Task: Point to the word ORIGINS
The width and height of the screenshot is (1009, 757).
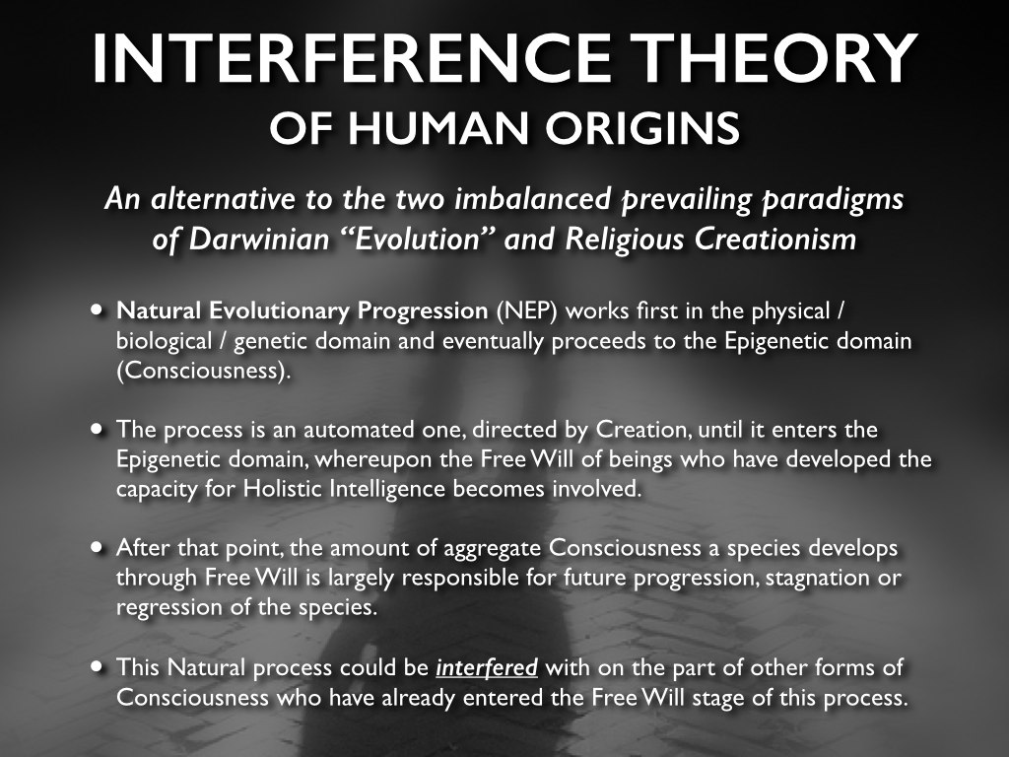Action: (642, 127)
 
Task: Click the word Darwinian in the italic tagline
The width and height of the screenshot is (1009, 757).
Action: (259, 239)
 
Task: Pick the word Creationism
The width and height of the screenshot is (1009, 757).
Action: (774, 239)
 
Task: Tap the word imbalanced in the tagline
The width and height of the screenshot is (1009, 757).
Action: (533, 198)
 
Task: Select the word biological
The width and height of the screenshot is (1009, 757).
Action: (165, 341)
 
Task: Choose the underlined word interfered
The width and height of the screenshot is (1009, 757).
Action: (487, 667)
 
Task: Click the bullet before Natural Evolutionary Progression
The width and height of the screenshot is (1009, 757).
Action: (98, 310)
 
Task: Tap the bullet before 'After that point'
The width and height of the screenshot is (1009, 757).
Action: (98, 547)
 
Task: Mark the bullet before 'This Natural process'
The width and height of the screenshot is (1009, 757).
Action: (98, 666)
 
